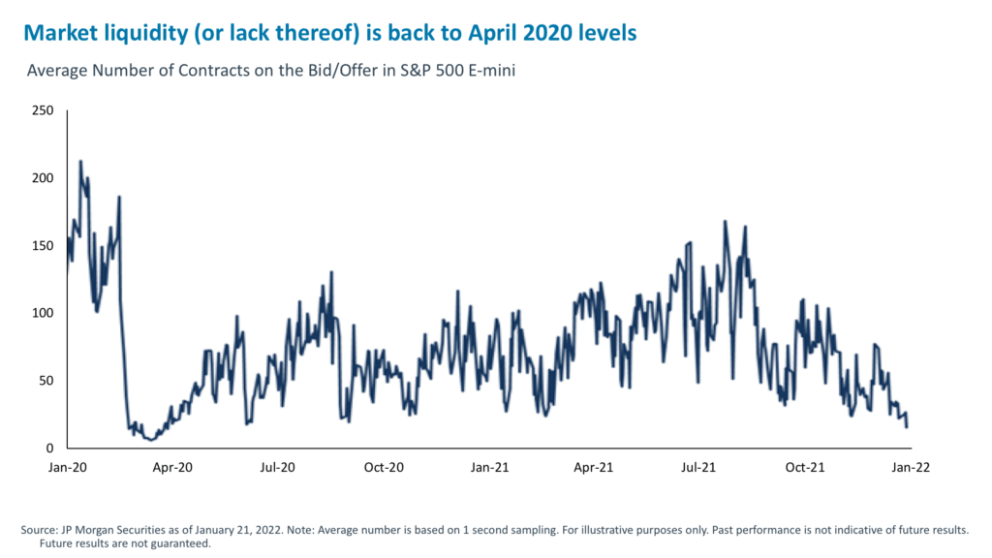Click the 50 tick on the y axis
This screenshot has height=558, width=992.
45,381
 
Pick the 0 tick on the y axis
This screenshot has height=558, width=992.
48,449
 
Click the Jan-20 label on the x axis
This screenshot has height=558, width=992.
67,467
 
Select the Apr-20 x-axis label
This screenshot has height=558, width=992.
172,467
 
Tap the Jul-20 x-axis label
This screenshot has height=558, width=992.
278,467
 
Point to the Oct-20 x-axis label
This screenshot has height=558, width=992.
384,467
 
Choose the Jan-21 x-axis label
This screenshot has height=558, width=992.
489,467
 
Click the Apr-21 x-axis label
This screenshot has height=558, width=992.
594,467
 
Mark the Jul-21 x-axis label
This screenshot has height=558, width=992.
699,467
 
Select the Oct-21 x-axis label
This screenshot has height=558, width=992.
805,467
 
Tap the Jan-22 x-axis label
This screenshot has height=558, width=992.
910,467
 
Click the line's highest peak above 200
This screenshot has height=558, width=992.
80,161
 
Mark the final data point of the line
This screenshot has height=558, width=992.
907,427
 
